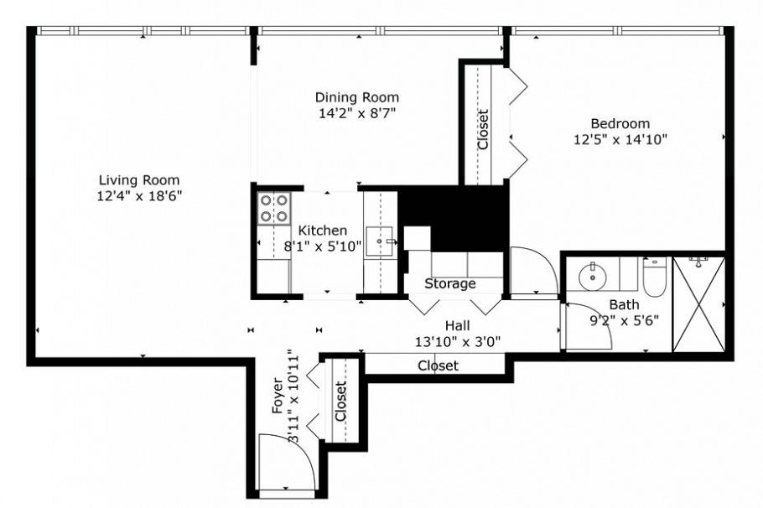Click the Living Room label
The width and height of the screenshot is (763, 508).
click(139, 179)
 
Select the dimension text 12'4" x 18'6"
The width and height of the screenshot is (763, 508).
click(139, 195)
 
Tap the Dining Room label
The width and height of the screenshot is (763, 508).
click(357, 97)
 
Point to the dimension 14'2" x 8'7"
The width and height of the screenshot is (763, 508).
click(357, 113)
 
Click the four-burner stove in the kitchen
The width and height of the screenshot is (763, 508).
click(273, 208)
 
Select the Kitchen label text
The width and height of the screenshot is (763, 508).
click(323, 231)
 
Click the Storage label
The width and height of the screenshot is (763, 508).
click(449, 284)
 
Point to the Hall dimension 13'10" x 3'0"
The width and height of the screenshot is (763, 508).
click(457, 340)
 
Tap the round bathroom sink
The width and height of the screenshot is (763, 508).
click(594, 273)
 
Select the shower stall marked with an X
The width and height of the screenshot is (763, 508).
click(698, 303)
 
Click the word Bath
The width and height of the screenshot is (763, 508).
click(624, 304)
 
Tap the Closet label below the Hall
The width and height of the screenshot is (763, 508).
click(438, 365)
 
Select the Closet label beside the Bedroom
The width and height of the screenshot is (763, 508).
click(483, 129)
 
